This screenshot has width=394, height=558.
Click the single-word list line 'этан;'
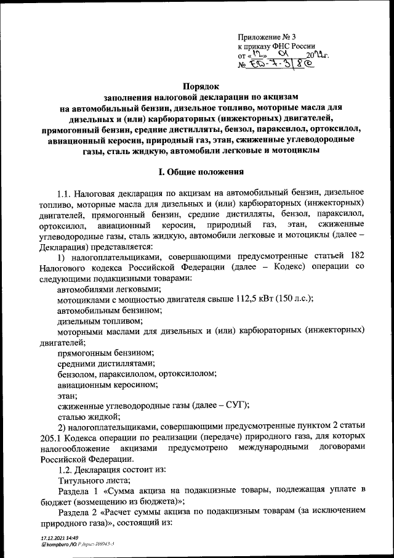click(x=67, y=395)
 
